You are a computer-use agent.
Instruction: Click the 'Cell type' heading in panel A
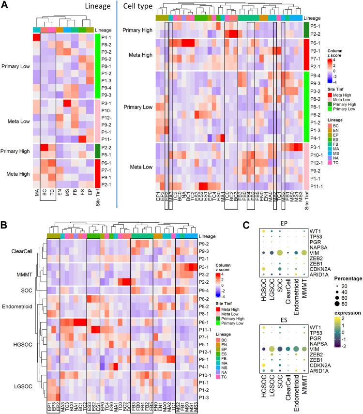137,6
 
